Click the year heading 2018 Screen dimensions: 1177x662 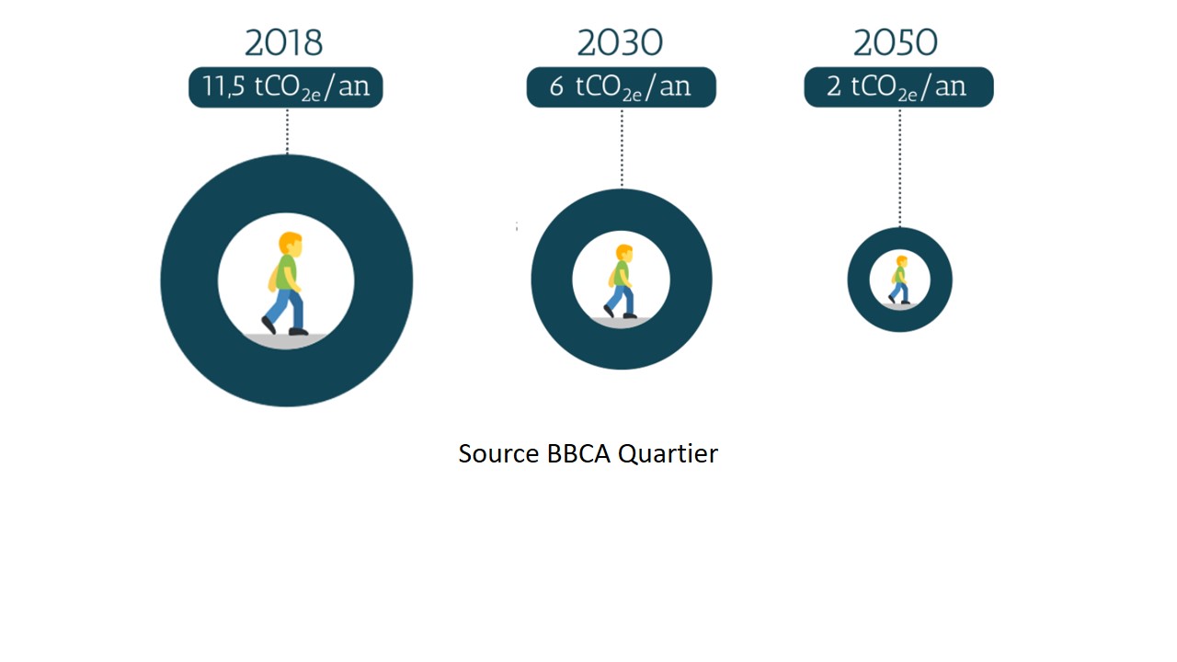(x=284, y=42)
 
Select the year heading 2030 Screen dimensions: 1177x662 (x=620, y=42)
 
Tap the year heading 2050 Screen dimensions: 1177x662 (x=896, y=42)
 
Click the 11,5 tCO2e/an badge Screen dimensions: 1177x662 (x=286, y=87)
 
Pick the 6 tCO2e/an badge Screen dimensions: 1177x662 (x=621, y=87)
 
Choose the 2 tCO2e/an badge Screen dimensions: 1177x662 (x=898, y=87)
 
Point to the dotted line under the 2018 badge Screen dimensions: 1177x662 (x=288, y=131)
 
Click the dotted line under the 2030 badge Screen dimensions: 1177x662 (x=623, y=148)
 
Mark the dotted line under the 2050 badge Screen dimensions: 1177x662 (x=900, y=167)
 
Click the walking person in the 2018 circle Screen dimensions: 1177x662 (x=285, y=284)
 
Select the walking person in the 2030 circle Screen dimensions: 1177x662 (x=621, y=281)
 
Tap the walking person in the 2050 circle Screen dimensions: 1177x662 (x=899, y=280)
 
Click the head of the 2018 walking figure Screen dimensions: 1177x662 (x=291, y=245)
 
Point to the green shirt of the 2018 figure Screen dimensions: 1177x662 (x=286, y=272)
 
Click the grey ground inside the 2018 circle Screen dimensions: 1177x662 (x=286, y=341)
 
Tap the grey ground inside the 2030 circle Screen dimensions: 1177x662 (x=621, y=323)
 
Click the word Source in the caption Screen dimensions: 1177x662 (x=498, y=453)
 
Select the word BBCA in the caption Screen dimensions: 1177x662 (x=578, y=453)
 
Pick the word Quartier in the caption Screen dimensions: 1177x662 (x=668, y=454)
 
